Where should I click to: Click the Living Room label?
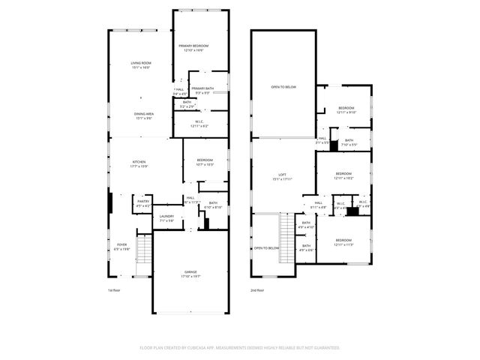pyautogui.click(x=140, y=63)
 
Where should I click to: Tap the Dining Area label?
pyautogui.click(x=144, y=113)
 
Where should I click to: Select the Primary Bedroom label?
pyautogui.click(x=193, y=46)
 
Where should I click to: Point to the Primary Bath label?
pyautogui.click(x=203, y=88)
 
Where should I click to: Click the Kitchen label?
pyautogui.click(x=139, y=162)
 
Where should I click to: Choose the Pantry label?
pyautogui.click(x=142, y=201)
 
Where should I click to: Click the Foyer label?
pyautogui.click(x=121, y=244)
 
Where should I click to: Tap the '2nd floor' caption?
pyautogui.click(x=256, y=290)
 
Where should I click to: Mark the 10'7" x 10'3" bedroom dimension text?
pyautogui.click(x=205, y=164)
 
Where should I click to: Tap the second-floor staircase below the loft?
pyautogui.click(x=286, y=238)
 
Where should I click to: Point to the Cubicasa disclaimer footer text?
pyautogui.click(x=239, y=347)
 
